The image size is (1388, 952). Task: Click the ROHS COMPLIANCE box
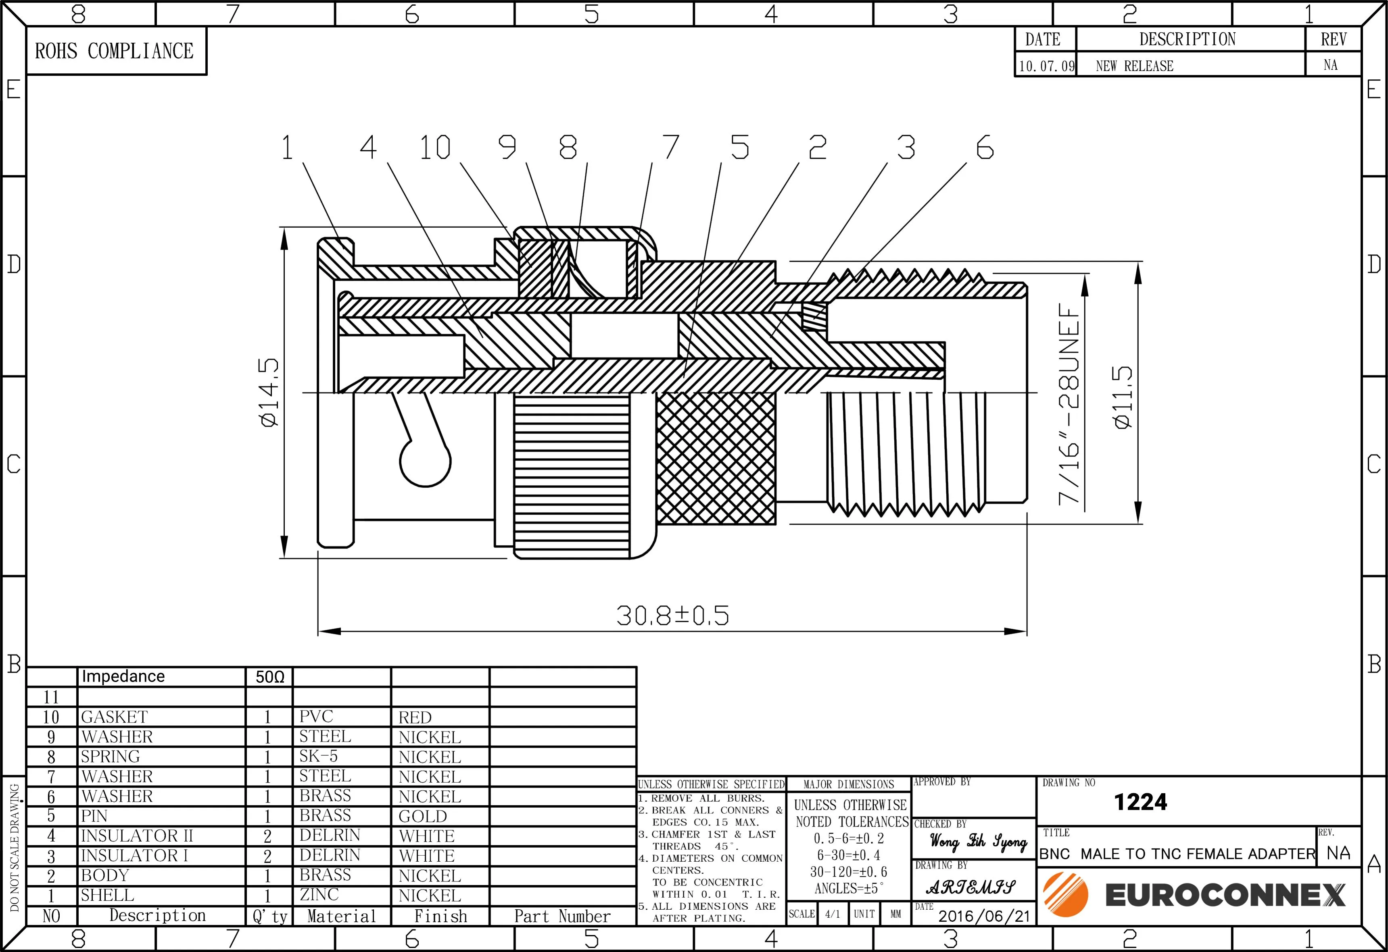point(117,51)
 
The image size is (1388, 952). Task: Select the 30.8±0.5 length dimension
point(672,615)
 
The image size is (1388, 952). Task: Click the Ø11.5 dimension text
point(1123,397)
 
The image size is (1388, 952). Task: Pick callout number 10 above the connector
point(435,148)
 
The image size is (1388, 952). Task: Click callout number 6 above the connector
point(985,148)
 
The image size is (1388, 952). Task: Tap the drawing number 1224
point(1140,802)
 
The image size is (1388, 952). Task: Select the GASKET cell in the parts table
point(114,717)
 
